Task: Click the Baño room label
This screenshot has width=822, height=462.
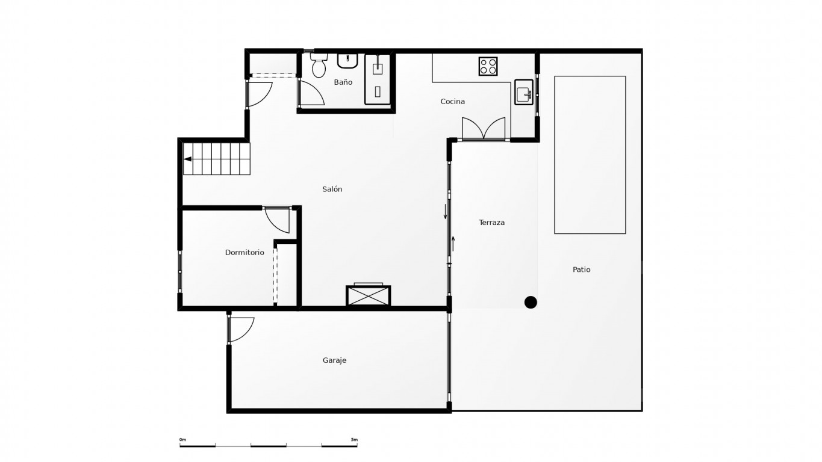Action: point(343,82)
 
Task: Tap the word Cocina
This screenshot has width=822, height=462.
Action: point(452,101)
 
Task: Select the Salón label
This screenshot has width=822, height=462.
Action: point(332,189)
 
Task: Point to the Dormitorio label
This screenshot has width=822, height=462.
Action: point(244,252)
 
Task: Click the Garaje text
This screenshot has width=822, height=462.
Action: point(334,360)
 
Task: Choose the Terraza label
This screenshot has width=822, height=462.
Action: point(492,223)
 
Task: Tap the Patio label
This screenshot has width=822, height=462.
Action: point(582,269)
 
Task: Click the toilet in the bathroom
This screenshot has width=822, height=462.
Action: point(319,65)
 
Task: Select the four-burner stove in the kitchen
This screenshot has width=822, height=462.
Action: point(488,66)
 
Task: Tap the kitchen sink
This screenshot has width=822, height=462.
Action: point(524,92)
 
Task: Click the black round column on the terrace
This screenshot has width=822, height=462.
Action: point(531,302)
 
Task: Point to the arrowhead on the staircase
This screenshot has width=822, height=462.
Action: point(187,159)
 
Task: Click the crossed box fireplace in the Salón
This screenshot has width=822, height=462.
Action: point(369,295)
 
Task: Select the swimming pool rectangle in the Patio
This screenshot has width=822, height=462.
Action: point(590,155)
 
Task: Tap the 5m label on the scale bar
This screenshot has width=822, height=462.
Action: point(354,440)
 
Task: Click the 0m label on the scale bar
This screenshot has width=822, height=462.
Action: point(182,440)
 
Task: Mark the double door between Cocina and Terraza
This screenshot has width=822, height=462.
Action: point(484,128)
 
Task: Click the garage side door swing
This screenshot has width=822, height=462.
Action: point(240,329)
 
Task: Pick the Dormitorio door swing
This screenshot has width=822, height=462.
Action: point(277,220)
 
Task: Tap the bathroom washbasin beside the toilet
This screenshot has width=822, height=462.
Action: point(347,61)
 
